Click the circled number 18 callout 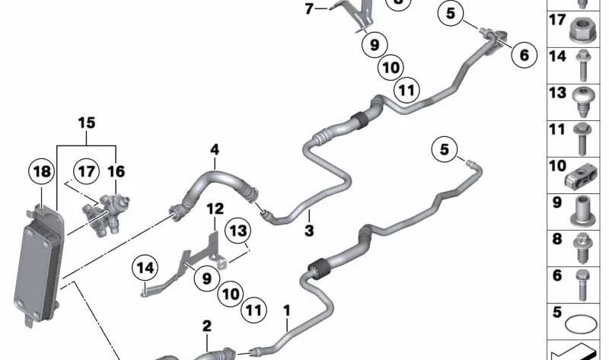pos(42,171)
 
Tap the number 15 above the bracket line pos(86,123)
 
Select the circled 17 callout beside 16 pos(86,171)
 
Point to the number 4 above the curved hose pos(215,149)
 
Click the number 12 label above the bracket pos(215,209)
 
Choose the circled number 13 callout pos(238,231)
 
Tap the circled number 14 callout pos(145,268)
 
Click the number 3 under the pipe pos(309,231)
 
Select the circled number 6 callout pos(524,55)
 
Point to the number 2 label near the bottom pos(206,326)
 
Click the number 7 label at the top pos(309,8)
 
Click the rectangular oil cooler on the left pos(39,266)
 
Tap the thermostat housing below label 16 pos(106,215)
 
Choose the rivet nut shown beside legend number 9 pos(582,211)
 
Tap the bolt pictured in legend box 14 pos(582,65)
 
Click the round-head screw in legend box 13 pos(582,101)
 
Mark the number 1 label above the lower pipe pos(287,311)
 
